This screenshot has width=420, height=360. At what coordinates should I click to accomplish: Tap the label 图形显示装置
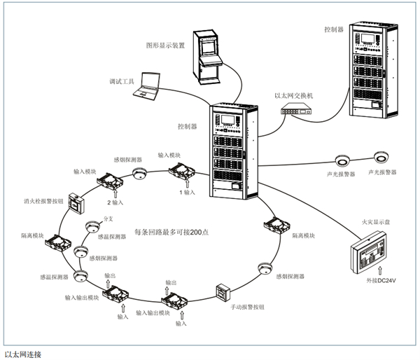(165, 43)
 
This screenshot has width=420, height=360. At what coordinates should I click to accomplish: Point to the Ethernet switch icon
(302, 109)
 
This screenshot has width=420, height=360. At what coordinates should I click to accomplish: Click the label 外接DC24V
(378, 281)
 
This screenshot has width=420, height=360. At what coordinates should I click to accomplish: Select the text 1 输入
(188, 192)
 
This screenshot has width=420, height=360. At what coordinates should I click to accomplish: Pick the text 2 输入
(116, 202)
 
